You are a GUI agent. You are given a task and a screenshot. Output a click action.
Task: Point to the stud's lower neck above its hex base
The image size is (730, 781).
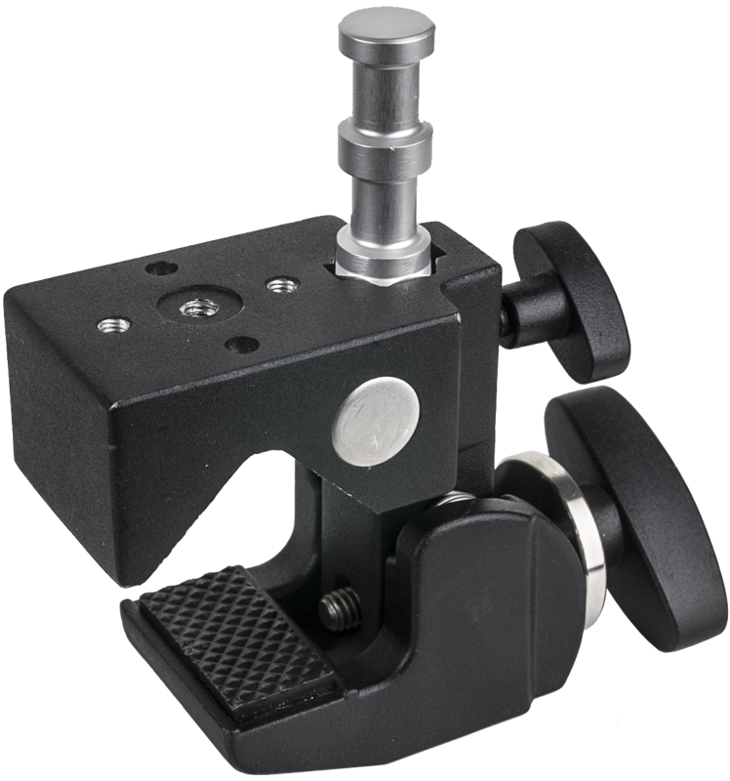(x=386, y=210)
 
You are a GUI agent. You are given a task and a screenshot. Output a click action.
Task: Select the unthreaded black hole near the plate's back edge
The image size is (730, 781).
(x=158, y=267)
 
